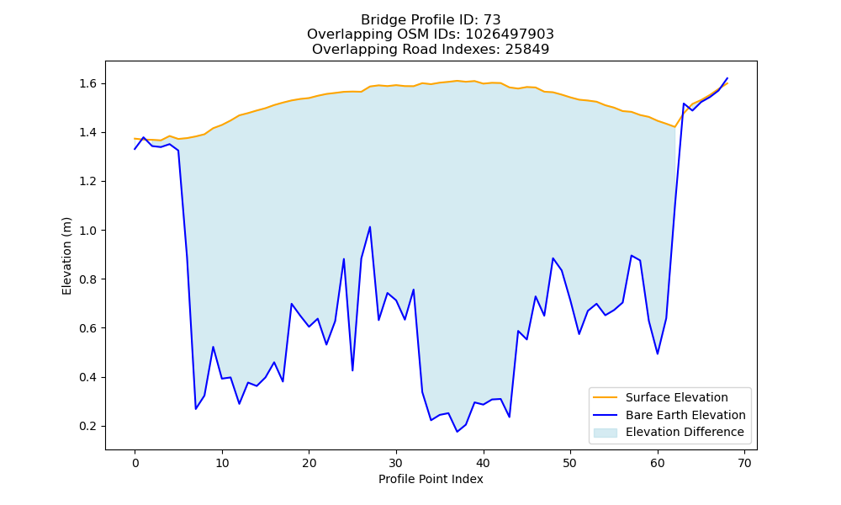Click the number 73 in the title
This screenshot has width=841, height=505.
point(492,20)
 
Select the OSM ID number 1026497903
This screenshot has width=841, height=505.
point(510,35)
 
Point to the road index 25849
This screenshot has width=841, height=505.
point(527,50)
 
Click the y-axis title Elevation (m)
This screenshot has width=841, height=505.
point(66,256)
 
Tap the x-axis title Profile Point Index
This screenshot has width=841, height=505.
point(431,479)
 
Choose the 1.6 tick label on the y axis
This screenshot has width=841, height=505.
point(88,83)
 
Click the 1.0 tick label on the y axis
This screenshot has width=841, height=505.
point(88,231)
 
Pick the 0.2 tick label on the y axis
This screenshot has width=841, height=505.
point(88,427)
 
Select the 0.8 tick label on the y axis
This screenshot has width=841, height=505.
point(88,279)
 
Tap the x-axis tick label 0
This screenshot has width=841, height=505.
point(135,463)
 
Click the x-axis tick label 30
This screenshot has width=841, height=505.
point(396,463)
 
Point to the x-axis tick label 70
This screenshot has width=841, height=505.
point(744,463)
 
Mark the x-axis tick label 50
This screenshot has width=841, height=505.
point(570,463)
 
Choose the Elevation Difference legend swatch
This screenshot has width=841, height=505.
point(605,433)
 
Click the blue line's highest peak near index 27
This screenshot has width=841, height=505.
point(370,227)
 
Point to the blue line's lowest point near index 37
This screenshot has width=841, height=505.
point(457,432)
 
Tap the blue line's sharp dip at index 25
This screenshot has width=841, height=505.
point(352,370)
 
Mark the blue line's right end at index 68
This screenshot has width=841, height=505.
point(727,78)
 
